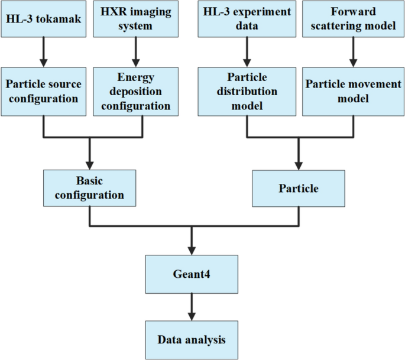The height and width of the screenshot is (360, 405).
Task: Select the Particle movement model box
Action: click(x=353, y=90)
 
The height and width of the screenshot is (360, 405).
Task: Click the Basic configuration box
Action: click(x=89, y=188)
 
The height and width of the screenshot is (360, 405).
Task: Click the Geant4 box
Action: click(x=192, y=274)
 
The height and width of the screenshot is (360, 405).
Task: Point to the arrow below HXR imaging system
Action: click(x=135, y=53)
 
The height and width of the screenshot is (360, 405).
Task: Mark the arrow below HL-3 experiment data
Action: click(x=246, y=53)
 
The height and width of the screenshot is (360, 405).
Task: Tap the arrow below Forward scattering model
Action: click(x=353, y=53)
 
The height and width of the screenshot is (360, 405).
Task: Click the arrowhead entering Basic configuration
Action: click(x=89, y=164)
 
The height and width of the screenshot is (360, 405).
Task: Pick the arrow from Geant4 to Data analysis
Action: click(x=192, y=307)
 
